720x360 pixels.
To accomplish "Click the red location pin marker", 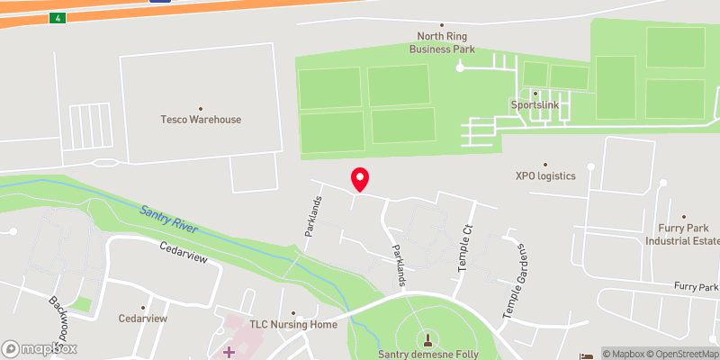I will (x=360, y=179).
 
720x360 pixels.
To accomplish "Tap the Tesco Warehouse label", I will (x=201, y=119).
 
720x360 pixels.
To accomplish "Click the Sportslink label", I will (x=535, y=104).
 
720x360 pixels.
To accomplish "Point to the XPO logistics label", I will (x=544, y=175).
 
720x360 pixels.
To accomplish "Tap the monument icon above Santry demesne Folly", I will (x=427, y=339).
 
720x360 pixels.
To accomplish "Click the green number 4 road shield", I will (x=58, y=18).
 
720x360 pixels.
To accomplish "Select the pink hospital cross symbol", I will (x=228, y=350).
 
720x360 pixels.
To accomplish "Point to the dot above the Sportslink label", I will (x=535, y=93).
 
